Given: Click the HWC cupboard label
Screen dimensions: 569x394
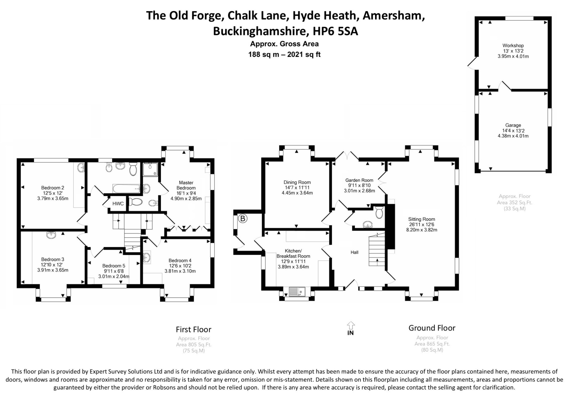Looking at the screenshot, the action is pos(118,204).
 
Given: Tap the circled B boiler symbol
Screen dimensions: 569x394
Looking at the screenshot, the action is pos(243,219).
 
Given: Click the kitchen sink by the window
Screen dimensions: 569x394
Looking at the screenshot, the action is pos(297,292).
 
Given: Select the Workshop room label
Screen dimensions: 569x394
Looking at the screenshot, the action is pos(513,46).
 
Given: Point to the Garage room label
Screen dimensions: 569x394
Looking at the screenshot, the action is pos(513,125).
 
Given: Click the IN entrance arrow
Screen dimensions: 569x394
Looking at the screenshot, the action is pos(351,328).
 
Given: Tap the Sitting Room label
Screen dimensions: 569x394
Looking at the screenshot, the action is pos(421,219).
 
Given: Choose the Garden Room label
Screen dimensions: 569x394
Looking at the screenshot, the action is pos(359,180).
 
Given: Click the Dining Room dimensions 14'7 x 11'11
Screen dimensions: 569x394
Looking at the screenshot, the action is pos(297,187).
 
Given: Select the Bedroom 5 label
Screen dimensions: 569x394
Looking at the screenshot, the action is pos(114,266).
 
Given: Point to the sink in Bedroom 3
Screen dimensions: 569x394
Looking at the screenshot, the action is pos(51,235).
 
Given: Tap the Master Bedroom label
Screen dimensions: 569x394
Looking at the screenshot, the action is pos(186,185).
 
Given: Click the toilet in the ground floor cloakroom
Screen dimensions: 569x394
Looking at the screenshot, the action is pos(379,212).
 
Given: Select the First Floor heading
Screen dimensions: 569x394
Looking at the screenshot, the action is pos(194,330).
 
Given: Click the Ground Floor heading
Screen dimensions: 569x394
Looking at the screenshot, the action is pos(432,328).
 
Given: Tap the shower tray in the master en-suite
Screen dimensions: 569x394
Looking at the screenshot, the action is pos(150,169).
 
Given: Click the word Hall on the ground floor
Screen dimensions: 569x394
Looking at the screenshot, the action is pos(354,252).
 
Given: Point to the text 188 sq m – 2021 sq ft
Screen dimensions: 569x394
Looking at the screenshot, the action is pos(284,54).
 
